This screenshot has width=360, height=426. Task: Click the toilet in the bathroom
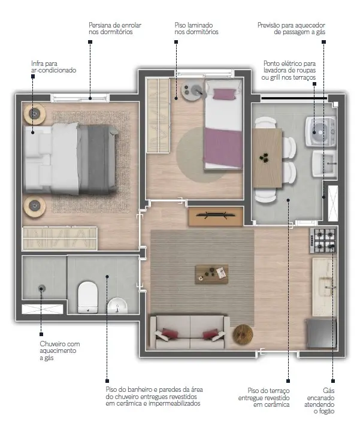coord(88,298)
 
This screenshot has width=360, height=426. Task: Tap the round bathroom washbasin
coord(117,306)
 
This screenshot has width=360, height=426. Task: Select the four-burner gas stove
coord(323,240)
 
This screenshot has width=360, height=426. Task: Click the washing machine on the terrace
coord(321,132)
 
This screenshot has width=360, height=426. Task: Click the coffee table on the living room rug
coord(211,274)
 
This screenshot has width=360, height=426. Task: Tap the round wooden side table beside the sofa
coord(243,334)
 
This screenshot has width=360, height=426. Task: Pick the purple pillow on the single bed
coord(225,94)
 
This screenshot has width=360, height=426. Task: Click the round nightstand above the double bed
coord(35,114)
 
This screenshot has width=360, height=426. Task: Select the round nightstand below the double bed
coord(35,206)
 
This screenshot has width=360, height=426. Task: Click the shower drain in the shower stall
coord(41,288)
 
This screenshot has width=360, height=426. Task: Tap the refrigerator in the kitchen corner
coord(322,333)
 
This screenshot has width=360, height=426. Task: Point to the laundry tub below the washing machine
coord(325,164)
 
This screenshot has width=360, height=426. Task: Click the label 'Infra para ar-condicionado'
coord(53,67)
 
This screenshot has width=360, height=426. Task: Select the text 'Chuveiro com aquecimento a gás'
coord(60,351)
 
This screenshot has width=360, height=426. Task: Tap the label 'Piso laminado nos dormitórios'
coord(196,29)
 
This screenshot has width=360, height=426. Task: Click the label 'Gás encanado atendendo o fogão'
coord(319,401)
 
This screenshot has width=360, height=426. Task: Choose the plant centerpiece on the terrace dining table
coord(264,158)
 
